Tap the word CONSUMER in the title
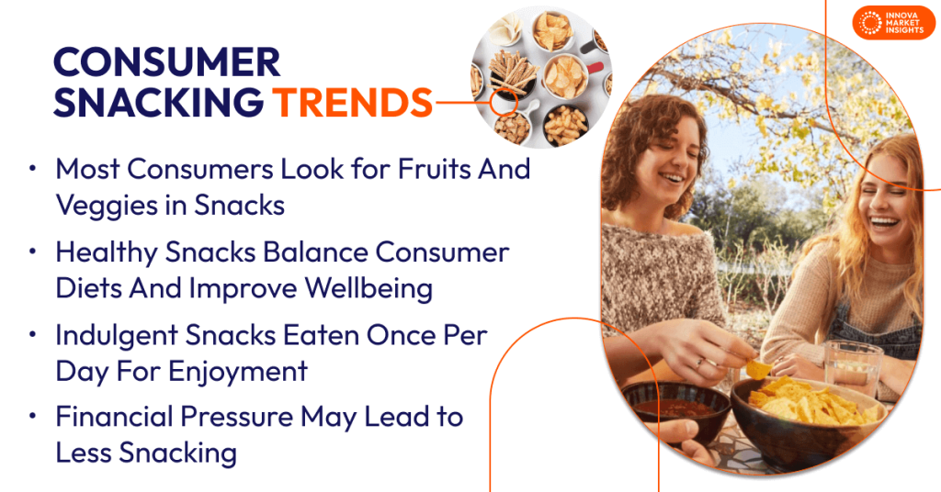pyautogui.click(x=166, y=62)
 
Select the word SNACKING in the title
pyautogui.click(x=157, y=102)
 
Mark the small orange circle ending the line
pyautogui.click(x=501, y=103)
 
